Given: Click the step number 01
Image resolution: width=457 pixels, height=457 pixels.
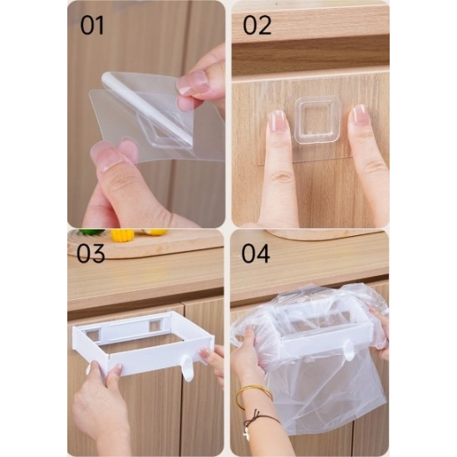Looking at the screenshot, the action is click(92, 26).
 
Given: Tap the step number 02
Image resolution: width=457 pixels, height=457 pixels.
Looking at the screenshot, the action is click(257, 26).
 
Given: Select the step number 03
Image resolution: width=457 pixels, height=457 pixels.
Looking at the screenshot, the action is click(91, 253).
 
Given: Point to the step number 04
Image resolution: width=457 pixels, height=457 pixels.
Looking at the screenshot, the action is click(256, 253).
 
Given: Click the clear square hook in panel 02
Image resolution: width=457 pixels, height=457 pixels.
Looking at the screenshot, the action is click(317, 120).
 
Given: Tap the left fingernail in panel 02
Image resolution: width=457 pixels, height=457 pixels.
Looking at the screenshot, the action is click(277, 121).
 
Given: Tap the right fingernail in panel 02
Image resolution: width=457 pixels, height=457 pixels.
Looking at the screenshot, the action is click(358, 115).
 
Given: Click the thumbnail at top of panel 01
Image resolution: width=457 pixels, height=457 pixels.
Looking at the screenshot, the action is click(193, 82).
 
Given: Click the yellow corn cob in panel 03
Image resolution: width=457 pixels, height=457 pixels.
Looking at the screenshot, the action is click(122, 235).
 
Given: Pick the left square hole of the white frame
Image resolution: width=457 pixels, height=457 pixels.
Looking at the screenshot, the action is click(92, 335).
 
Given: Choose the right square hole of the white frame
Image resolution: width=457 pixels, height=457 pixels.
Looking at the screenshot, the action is click(155, 325).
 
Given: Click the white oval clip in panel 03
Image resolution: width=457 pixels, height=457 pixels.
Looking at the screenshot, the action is click(188, 368).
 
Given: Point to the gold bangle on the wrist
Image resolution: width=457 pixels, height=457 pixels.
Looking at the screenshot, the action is click(253, 397).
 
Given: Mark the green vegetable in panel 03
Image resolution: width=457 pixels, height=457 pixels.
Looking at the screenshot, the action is click(91, 232).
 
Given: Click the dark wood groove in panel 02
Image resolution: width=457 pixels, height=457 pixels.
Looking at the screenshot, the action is click(311, 56).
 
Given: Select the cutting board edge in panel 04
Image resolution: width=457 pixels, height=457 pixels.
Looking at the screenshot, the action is click(323, 234).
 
